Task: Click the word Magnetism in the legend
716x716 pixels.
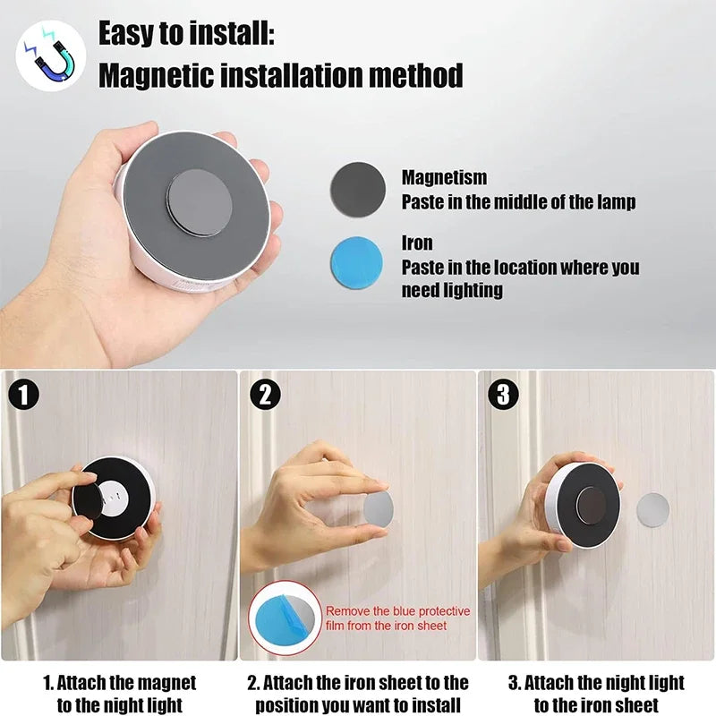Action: (x=444, y=178)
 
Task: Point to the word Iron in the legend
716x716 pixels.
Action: (x=417, y=243)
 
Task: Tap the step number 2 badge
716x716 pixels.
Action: (x=265, y=395)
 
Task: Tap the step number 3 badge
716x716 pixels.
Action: (x=504, y=395)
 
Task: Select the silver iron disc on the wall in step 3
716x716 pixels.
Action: (x=652, y=509)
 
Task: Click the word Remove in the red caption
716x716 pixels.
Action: (x=346, y=611)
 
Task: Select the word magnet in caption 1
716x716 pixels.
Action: (x=167, y=684)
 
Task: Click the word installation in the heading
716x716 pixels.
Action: (x=283, y=75)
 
